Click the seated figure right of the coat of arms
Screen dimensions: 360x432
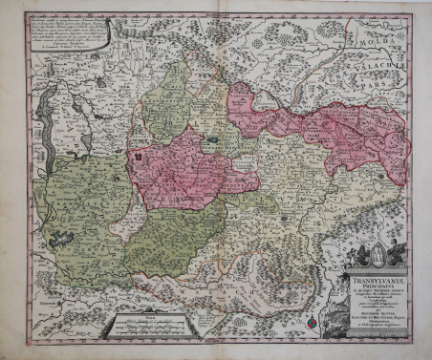396,254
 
